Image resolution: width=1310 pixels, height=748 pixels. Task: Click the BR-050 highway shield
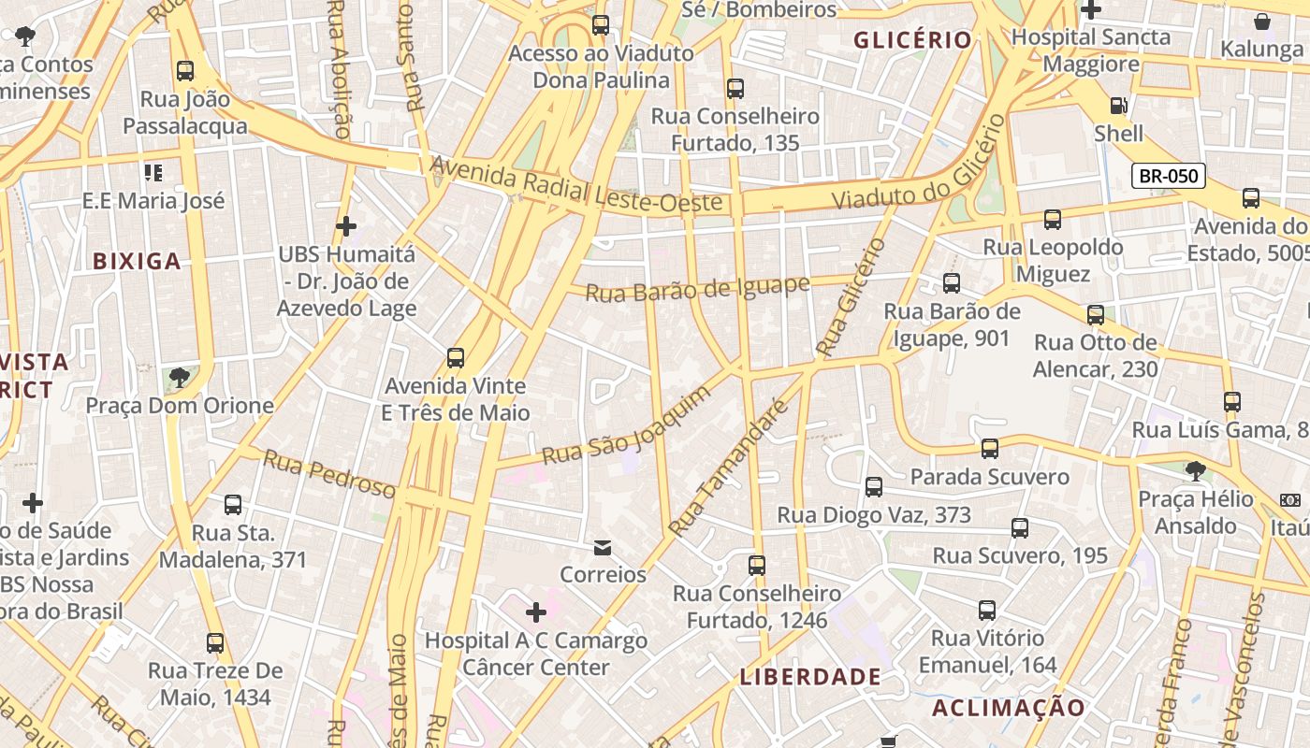[x=1168, y=176]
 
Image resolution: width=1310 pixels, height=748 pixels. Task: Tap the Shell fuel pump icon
[x=1118, y=106]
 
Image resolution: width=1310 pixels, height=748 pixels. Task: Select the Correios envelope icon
[x=603, y=547]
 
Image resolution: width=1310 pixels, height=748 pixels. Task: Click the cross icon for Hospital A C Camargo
[x=536, y=612]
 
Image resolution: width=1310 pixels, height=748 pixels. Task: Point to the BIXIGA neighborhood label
[x=137, y=262]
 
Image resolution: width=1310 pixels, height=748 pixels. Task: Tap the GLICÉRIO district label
[x=913, y=40]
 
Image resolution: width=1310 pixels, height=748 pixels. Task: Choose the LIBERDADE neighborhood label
[x=810, y=677]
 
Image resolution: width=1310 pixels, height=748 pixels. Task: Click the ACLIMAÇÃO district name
[x=1009, y=708]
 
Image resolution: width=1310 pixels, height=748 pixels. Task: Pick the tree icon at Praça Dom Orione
[x=179, y=378]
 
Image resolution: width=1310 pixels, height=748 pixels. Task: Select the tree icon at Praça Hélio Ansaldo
[x=1195, y=470]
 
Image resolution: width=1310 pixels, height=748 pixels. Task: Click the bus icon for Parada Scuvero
[x=990, y=449]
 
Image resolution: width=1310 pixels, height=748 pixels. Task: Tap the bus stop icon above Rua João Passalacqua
[x=185, y=70]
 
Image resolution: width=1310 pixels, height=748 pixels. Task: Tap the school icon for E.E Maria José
[x=153, y=172]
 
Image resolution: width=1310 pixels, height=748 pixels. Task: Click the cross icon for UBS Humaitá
[x=346, y=226]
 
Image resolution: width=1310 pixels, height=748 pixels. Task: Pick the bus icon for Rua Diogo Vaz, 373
[x=874, y=486]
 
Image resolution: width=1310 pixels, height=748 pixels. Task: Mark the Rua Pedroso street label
[x=329, y=473]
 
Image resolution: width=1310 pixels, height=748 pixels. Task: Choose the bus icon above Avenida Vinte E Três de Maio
[x=456, y=357]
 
